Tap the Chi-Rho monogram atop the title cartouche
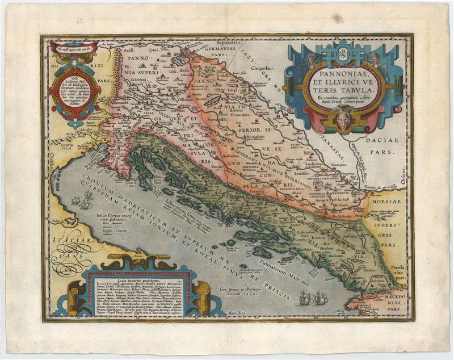[343, 55]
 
